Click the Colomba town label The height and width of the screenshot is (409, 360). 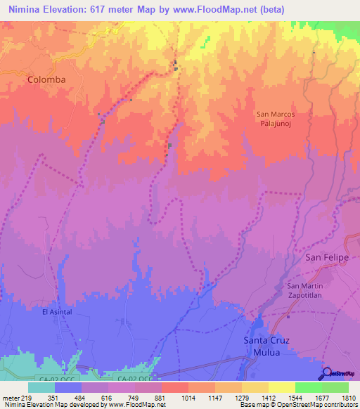click(x=46, y=80)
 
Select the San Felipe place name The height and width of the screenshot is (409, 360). click(x=326, y=258)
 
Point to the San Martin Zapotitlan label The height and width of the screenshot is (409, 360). click(x=305, y=292)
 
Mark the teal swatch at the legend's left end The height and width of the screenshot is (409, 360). click(x=41, y=387)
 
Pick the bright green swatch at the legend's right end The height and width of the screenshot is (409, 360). click(x=335, y=387)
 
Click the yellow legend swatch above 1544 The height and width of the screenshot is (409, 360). click(x=281, y=387)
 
